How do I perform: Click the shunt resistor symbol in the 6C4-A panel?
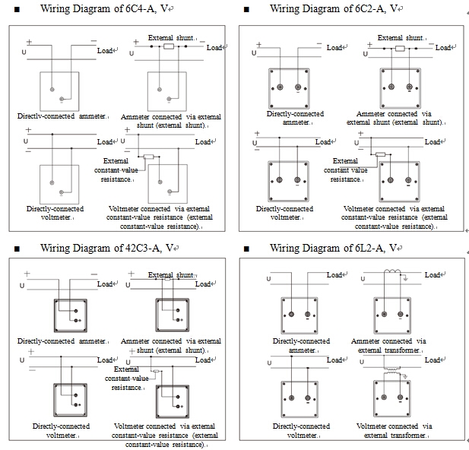click(x=169, y=46)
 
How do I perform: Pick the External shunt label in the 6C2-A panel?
click(x=401, y=37)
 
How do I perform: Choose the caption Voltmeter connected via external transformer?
click(x=388, y=430)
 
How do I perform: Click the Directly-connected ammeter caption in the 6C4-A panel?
click(x=58, y=117)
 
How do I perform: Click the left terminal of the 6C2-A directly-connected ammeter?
click(x=280, y=87)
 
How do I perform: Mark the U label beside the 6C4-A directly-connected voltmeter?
click(x=26, y=141)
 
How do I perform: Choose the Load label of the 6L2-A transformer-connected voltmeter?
click(x=433, y=360)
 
